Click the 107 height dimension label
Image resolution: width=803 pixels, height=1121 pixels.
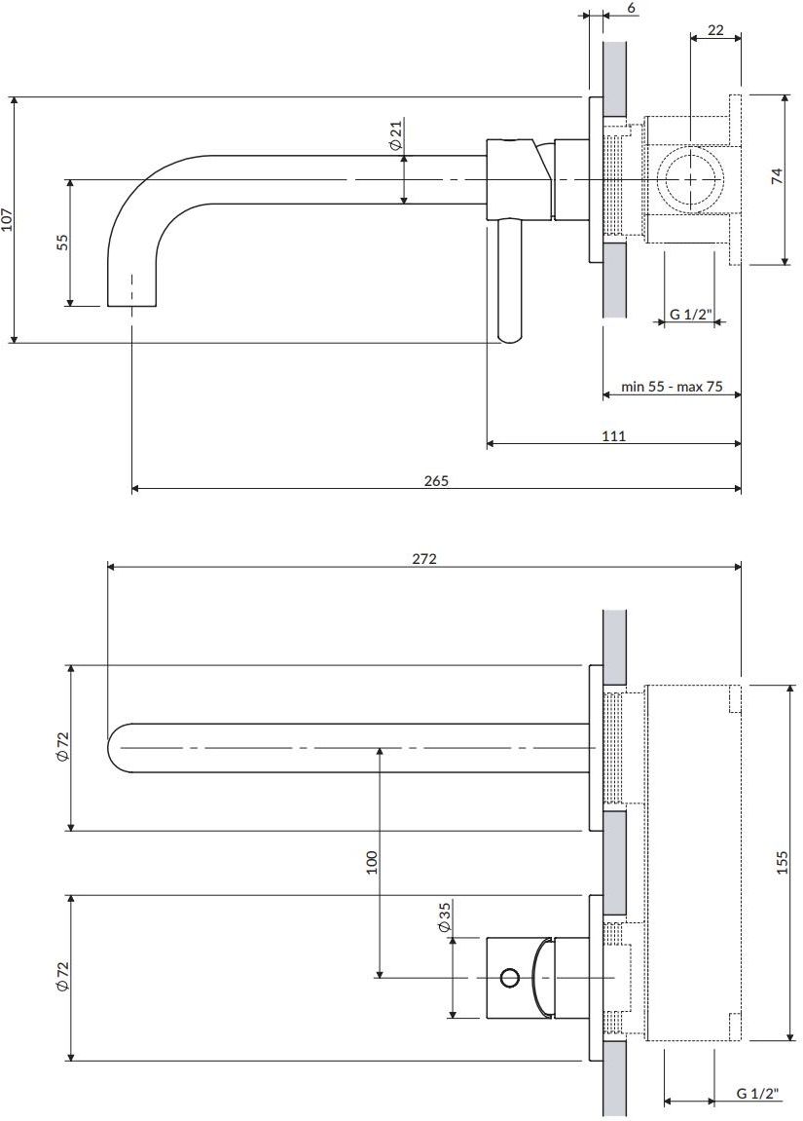point(7,219)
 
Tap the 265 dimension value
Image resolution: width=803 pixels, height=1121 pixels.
point(436,481)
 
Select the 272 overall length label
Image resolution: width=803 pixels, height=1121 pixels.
point(423,559)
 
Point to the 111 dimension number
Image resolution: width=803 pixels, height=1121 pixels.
point(613,436)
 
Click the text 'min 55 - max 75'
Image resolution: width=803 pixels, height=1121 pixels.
point(672,387)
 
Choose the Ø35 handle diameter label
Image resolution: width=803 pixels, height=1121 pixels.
point(444,917)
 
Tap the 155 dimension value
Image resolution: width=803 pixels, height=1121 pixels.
point(782,862)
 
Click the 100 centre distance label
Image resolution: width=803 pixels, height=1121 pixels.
point(371,862)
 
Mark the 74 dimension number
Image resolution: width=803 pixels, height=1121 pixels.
point(778,176)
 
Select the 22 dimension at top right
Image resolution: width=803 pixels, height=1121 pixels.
point(715,30)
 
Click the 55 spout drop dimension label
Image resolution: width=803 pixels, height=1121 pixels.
point(63,243)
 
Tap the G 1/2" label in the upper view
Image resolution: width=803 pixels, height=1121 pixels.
point(691,314)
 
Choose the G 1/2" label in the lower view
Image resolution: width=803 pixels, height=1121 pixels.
point(758,1093)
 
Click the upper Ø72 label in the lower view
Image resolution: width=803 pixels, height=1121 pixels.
point(62,747)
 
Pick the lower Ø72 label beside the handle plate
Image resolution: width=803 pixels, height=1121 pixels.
point(62,977)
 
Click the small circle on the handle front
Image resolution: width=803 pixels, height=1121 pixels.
point(509,977)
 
